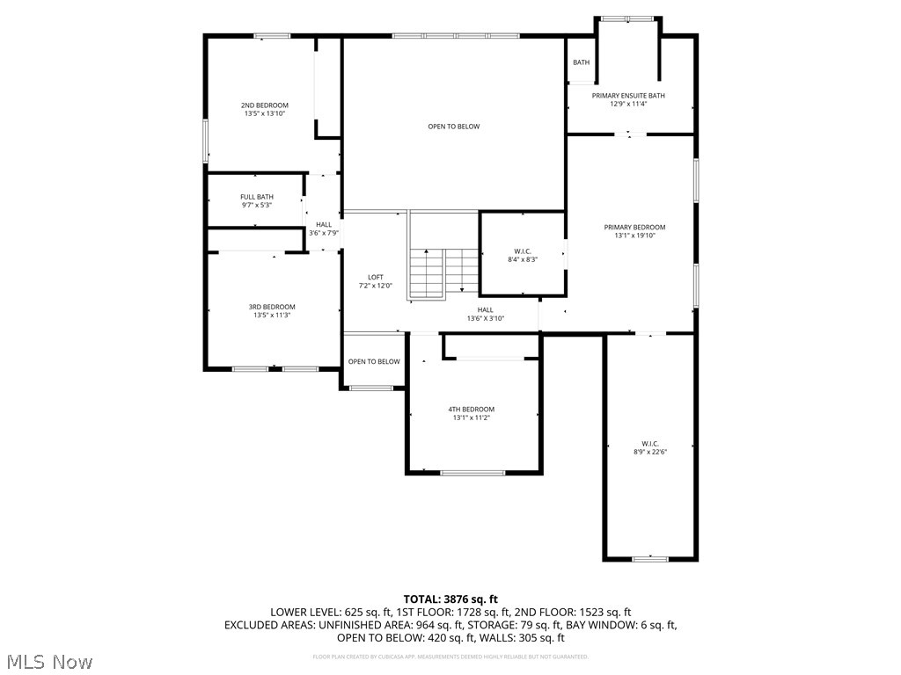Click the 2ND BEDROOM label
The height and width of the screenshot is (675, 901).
(265, 105)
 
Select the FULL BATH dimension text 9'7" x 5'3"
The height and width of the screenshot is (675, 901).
(257, 205)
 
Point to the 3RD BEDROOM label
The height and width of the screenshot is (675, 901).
(272, 307)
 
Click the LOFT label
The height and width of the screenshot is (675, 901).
(375, 278)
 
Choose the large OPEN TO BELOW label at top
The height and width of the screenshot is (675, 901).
(453, 127)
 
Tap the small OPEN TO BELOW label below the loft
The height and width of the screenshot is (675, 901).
(374, 361)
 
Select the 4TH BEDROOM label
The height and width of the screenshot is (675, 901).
(472, 409)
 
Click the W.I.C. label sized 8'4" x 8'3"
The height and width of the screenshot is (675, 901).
(523, 251)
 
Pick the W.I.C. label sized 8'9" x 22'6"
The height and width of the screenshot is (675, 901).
(650, 443)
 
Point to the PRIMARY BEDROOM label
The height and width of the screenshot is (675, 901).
(634, 227)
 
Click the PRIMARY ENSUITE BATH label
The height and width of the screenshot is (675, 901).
(628, 96)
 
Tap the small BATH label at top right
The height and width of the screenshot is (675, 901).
(581, 62)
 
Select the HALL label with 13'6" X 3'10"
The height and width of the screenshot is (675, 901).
(486, 309)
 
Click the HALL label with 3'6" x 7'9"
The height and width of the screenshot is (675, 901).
(323, 225)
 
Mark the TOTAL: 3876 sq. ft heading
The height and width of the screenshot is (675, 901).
(450, 599)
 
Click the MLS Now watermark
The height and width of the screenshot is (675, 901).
(48, 661)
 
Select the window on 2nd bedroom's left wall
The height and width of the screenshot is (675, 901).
(206, 141)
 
